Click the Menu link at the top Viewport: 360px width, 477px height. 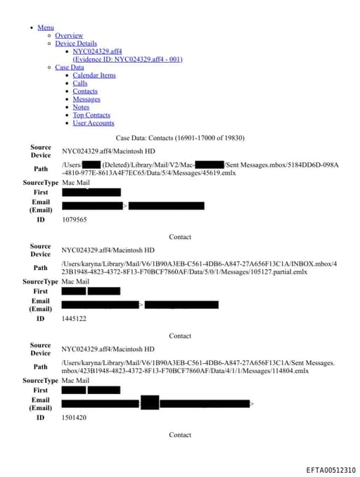click(x=46, y=27)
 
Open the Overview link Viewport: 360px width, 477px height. click(x=69, y=35)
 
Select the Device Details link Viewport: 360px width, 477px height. click(x=76, y=43)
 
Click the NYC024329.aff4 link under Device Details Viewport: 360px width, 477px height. click(x=97, y=51)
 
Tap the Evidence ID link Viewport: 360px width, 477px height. click(x=127, y=59)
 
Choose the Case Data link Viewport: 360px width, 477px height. click(x=69, y=68)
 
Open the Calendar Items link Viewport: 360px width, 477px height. click(x=94, y=75)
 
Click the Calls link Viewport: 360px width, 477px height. click(x=80, y=83)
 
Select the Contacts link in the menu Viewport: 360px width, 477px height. click(x=85, y=91)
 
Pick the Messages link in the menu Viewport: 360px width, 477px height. click(x=86, y=99)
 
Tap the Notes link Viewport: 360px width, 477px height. click(x=81, y=107)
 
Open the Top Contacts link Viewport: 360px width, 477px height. click(x=91, y=115)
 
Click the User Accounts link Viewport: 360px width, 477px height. click(x=93, y=123)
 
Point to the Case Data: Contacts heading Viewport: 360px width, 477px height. click(x=180, y=137)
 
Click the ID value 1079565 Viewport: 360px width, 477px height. click(x=74, y=220)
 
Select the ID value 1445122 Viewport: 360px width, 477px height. click(x=74, y=319)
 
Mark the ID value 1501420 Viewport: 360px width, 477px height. click(x=74, y=417)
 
